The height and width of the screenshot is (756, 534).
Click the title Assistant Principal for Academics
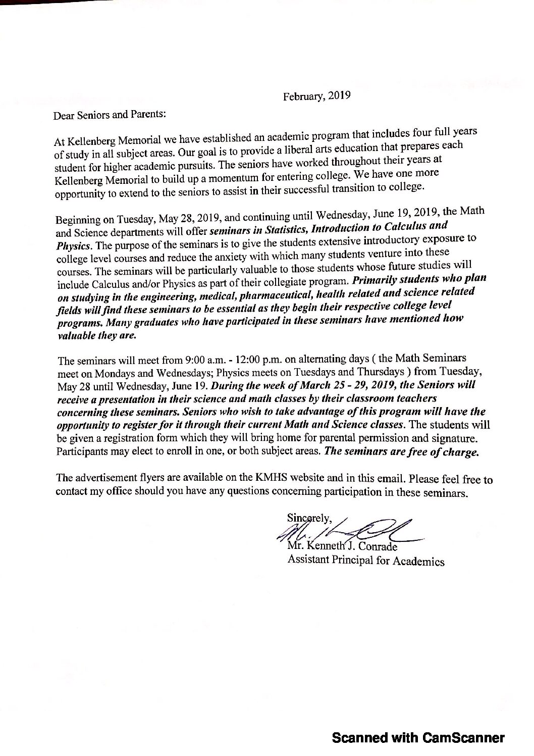tap(366, 561)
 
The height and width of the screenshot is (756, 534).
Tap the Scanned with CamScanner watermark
tap(418, 738)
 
